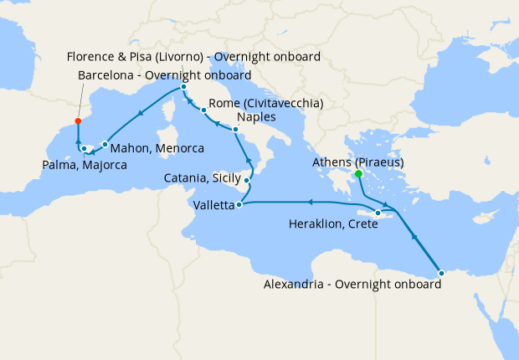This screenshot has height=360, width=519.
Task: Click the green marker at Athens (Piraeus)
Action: (x=358, y=174)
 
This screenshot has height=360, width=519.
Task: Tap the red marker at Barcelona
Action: (x=78, y=121)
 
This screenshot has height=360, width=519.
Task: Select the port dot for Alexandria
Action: (x=441, y=270)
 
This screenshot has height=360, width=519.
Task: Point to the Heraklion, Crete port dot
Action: (x=378, y=214)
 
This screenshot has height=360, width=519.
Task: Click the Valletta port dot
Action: (x=240, y=204)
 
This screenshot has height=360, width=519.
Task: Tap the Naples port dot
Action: (x=235, y=130)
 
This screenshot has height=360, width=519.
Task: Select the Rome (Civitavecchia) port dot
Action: (x=203, y=110)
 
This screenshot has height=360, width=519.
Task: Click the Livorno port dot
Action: (x=183, y=86)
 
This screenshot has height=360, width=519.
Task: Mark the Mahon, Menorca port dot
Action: (x=105, y=144)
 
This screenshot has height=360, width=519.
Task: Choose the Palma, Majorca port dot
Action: (x=85, y=149)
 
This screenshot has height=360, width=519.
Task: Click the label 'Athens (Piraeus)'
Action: (x=358, y=162)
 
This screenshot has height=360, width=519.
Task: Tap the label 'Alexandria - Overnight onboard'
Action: (x=352, y=285)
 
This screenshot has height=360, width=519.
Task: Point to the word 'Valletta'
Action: (x=213, y=204)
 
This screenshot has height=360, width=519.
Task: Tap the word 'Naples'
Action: (x=257, y=116)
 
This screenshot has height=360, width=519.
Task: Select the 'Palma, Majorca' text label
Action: (x=84, y=166)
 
